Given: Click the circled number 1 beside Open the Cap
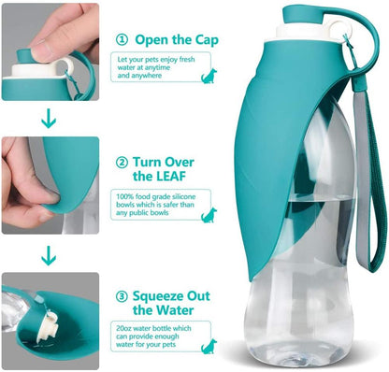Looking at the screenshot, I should click(x=122, y=39).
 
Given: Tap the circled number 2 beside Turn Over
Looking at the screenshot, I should click(x=122, y=161).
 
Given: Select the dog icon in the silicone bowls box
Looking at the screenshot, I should click(x=207, y=215).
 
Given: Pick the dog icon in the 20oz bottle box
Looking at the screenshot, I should click(x=207, y=347).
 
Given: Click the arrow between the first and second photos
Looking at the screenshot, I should click(x=49, y=119).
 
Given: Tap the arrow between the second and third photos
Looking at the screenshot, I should click(x=49, y=253).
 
